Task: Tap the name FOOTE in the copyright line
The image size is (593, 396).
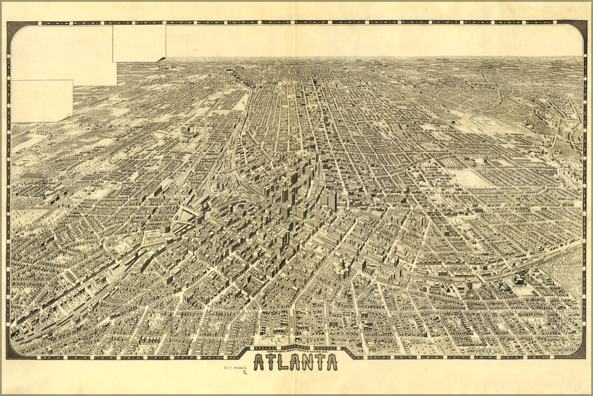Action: click(x=307, y=352)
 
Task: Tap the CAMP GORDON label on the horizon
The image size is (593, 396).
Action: click(x=442, y=59)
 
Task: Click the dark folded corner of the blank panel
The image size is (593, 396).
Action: click(x=161, y=59)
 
